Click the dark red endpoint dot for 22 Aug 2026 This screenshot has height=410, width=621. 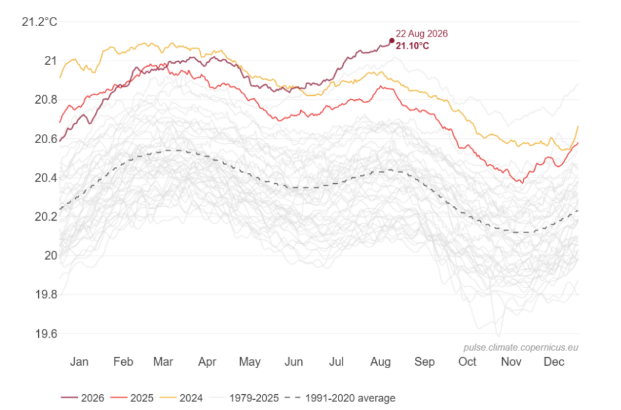[392, 41]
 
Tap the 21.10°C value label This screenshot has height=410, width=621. [412, 46]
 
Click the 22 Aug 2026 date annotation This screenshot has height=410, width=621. [422, 34]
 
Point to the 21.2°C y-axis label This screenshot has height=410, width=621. [39, 22]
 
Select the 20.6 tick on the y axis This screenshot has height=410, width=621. [46, 139]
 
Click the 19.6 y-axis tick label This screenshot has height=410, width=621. [46, 334]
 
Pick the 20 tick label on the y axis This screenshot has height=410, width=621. [51, 256]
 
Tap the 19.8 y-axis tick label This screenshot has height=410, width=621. [46, 295]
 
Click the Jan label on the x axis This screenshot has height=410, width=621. [79, 361]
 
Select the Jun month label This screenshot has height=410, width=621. [294, 361]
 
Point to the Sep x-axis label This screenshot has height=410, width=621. [424, 361]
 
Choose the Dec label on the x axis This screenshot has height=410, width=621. [554, 361]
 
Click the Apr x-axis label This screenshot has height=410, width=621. [207, 361]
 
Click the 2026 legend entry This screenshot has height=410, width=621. [82, 398]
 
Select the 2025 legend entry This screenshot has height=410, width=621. [132, 398]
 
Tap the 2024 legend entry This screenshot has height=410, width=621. [181, 398]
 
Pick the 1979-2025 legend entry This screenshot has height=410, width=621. [244, 398]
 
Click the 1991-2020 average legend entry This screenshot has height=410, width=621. [340, 398]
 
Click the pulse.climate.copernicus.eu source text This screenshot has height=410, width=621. [521, 348]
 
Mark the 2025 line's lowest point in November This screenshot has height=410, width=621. [522, 183]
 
